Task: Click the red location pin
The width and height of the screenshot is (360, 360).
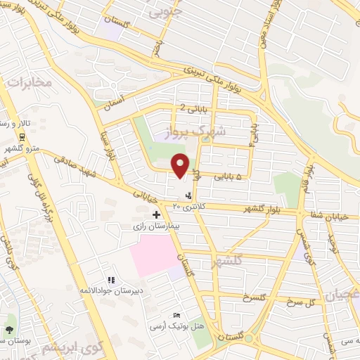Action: click(x=181, y=165)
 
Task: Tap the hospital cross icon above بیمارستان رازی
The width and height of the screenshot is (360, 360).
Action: click(x=156, y=214)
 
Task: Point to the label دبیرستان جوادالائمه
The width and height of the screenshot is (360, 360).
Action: click(x=110, y=289)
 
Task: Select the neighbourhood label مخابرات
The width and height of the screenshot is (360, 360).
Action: click(x=30, y=83)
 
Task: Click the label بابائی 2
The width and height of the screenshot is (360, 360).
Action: click(x=193, y=108)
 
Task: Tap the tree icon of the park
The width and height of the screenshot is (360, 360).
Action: click(x=9, y=329)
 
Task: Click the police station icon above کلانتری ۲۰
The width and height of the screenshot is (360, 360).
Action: click(x=188, y=195)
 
